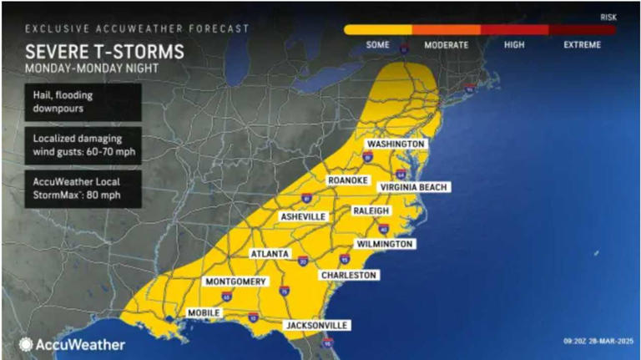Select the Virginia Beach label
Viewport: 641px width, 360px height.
(415, 187)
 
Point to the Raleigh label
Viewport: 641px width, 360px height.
(371, 211)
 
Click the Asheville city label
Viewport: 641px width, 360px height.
(302, 216)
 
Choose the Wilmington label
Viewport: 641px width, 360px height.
(384, 244)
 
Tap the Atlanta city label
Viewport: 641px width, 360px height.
(270, 253)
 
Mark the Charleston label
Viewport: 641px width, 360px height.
(349, 275)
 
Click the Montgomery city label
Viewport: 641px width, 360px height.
(235, 281)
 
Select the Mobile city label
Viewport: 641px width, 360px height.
(204, 312)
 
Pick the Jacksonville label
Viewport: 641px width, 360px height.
(316, 325)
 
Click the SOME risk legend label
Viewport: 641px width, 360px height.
(378, 44)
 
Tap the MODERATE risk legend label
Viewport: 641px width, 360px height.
(446, 44)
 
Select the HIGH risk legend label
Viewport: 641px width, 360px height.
(514, 44)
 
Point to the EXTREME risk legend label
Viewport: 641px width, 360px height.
(581, 44)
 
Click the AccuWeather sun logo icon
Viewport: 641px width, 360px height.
(26, 344)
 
